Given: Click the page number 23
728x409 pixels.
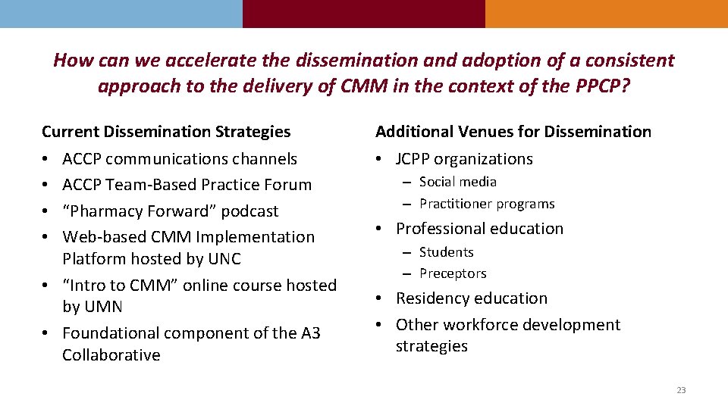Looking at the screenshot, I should click(680, 390).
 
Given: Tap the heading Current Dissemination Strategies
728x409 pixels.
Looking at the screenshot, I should click(166, 132).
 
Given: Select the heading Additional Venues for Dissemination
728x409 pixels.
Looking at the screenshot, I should click(513, 132).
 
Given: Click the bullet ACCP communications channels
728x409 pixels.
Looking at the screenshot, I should click(180, 159).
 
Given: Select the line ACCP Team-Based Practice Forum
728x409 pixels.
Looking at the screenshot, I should click(187, 185).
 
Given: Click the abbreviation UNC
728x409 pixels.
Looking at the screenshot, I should click(224, 259).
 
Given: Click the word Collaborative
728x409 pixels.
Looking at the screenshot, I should click(111, 355).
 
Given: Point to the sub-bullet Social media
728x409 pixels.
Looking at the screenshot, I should click(458, 182).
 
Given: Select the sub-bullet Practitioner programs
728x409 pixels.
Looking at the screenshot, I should click(487, 204).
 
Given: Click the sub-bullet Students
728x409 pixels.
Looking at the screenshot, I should click(446, 252).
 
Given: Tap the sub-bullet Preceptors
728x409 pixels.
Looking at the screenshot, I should click(453, 273).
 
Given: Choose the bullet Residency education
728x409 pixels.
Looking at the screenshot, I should click(471, 298).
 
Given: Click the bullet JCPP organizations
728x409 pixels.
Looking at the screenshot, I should click(464, 159).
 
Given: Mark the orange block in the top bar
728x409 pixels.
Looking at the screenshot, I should click(606, 14).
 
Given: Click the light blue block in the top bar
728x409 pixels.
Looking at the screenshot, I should click(121, 14).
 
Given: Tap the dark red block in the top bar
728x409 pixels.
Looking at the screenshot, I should click(363, 14).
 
